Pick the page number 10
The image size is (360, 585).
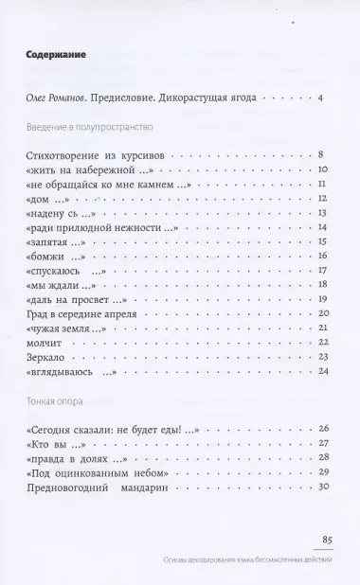tap(321, 168)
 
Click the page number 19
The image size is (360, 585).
tap(321, 299)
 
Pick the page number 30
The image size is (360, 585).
tap(321, 487)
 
